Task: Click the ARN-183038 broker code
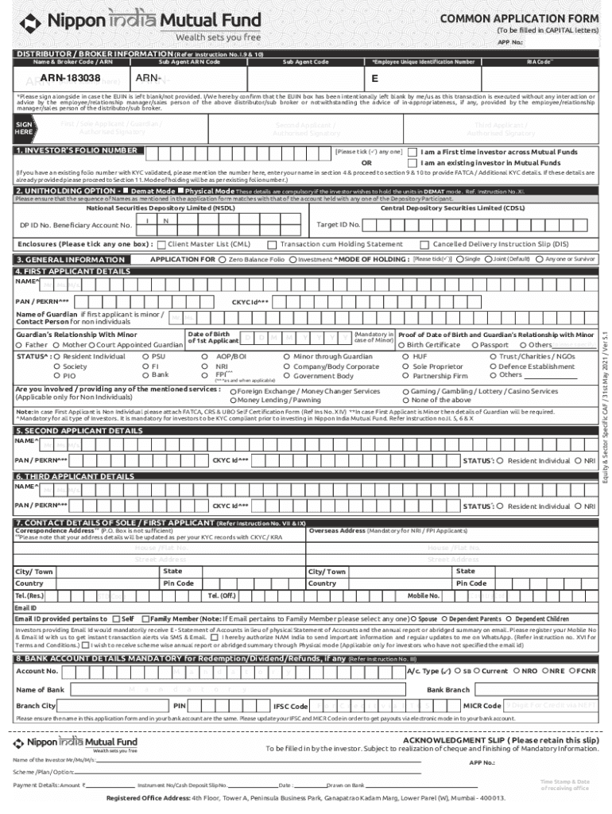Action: point(70,78)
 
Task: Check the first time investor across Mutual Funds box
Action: point(412,152)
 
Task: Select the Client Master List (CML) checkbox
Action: point(161,245)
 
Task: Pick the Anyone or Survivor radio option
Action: point(540,259)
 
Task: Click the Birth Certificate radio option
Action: point(402,345)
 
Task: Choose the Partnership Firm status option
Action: point(405,376)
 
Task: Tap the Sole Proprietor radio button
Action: point(405,366)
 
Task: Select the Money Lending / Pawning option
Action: point(233,400)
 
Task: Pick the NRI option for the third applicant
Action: point(578,506)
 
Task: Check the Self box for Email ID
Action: point(116,618)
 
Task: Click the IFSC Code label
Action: point(290,706)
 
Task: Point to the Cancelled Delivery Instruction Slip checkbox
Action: point(425,245)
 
